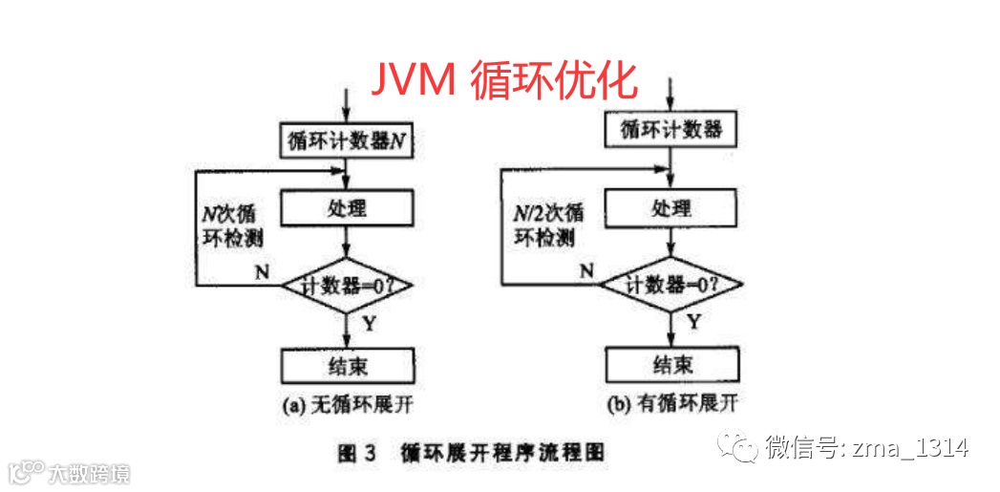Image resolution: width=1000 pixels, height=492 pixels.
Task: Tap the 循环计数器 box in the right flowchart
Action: click(671, 129)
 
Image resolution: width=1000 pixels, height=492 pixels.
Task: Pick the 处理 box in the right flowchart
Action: click(671, 206)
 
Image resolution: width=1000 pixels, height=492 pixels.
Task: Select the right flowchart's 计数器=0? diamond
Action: click(671, 285)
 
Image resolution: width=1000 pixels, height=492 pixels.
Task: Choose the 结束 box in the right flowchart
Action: click(671, 365)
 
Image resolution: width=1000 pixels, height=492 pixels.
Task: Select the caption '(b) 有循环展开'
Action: click(673, 403)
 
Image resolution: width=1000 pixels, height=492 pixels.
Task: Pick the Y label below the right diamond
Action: click(694, 322)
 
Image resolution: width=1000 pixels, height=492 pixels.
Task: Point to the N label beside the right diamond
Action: click(585, 271)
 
